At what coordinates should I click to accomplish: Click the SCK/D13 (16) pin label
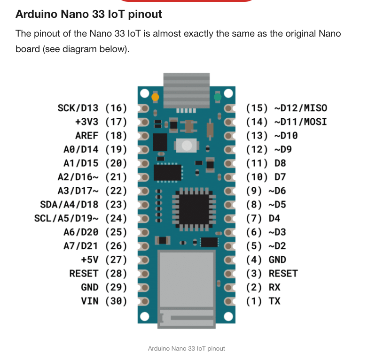(92, 108)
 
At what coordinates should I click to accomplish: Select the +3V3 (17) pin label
(101, 122)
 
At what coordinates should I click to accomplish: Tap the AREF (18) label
(101, 136)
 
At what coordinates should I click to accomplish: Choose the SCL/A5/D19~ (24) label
(80, 218)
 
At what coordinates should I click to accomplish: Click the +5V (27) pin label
(103, 260)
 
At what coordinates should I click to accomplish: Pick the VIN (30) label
(104, 301)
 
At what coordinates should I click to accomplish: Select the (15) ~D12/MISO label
(286, 108)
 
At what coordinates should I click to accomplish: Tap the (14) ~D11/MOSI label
(286, 122)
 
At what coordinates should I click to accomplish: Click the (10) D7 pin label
(266, 177)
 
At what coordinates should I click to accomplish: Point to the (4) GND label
(266, 260)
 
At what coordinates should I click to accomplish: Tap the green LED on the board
(217, 98)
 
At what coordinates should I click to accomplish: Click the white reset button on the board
(186, 146)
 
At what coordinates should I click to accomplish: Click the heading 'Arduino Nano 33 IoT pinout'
(89, 14)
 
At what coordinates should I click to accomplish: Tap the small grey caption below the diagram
(186, 348)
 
